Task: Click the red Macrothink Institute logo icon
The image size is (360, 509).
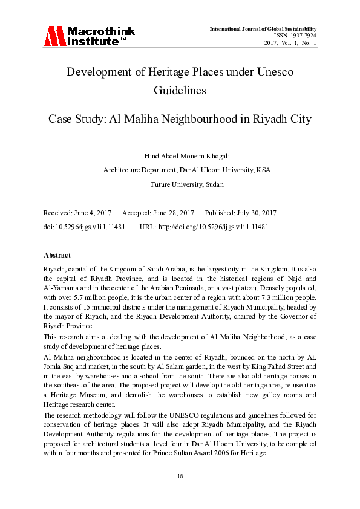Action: [54, 37]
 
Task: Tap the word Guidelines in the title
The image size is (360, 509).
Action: [180, 91]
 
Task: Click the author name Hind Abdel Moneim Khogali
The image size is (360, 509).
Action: [180, 156]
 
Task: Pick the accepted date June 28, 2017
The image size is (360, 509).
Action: [172, 213]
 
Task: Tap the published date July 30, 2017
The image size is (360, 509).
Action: [253, 213]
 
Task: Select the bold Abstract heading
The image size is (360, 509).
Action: [57, 255]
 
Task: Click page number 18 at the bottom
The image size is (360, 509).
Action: [180, 476]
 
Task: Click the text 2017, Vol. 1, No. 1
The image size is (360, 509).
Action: [291, 43]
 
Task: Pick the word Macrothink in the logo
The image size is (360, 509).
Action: [100, 31]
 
